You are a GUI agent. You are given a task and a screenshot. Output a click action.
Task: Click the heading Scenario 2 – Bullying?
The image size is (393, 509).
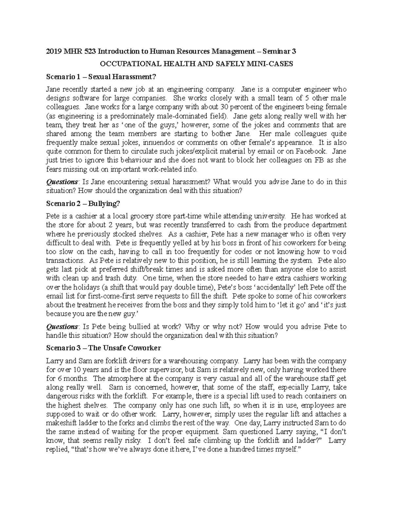point(83,204)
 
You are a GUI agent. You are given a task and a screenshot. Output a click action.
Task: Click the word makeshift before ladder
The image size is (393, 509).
point(61,423)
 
